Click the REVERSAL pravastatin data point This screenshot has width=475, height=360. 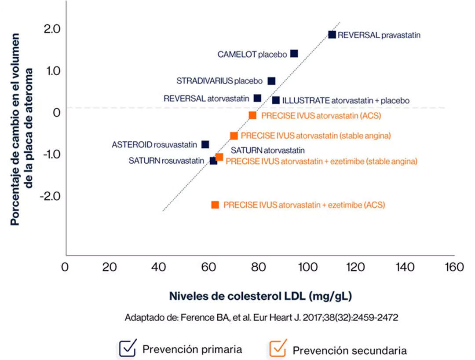click(x=332, y=35)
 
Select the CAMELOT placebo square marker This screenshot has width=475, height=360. click(x=294, y=54)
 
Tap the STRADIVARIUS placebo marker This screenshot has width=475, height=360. click(x=271, y=81)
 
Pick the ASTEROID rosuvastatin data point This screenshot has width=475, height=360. click(x=205, y=144)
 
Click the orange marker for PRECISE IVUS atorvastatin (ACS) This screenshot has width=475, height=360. click(x=252, y=115)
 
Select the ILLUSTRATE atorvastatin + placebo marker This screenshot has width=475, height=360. click(x=276, y=100)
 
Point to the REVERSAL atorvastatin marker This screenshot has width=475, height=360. click(x=257, y=98)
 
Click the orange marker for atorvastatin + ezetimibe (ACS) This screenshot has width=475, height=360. click(x=215, y=205)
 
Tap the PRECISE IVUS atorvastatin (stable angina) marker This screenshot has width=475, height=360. click(x=234, y=136)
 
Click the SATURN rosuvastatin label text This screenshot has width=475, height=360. click(x=166, y=161)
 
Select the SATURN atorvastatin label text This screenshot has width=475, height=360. click(x=268, y=150)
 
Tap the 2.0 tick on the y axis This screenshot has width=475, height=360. click(x=52, y=29)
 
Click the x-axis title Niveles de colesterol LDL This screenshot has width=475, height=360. click(x=260, y=296)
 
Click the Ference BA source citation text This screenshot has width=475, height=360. click(x=261, y=318)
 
